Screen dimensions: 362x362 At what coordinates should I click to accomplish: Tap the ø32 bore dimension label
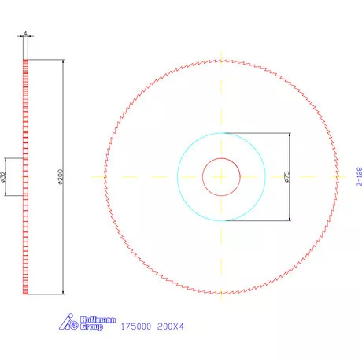click(x=4, y=177)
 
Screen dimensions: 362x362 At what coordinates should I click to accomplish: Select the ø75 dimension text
click(x=289, y=177)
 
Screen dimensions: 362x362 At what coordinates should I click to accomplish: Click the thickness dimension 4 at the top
click(x=26, y=35)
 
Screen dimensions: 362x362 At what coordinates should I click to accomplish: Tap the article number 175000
click(x=135, y=325)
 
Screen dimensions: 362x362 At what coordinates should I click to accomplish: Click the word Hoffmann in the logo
click(x=98, y=320)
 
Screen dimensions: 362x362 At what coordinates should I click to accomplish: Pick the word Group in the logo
click(x=92, y=326)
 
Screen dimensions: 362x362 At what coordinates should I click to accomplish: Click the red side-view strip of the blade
click(x=26, y=236)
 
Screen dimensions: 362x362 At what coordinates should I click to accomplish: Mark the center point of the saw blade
click(x=222, y=177)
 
